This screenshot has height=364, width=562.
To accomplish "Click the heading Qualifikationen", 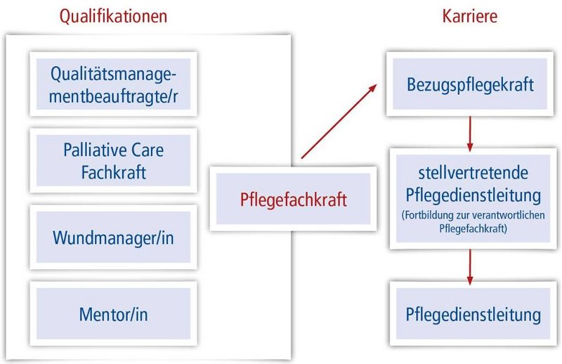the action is (x=113, y=16).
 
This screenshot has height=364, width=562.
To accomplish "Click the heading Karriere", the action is (x=469, y=16).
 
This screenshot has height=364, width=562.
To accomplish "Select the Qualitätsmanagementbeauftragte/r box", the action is (x=113, y=84).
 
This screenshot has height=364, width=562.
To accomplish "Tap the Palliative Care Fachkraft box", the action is (x=113, y=161).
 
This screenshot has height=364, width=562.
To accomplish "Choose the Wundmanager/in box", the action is (x=113, y=237).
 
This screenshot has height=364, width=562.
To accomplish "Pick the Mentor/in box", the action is (x=113, y=314).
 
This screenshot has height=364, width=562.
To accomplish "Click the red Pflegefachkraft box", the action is (x=293, y=199).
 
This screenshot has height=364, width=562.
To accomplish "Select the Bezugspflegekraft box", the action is (x=470, y=84).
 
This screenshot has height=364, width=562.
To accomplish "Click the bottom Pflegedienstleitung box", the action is (x=473, y=314).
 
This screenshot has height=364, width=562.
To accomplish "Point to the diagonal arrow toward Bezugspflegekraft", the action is (x=339, y=121).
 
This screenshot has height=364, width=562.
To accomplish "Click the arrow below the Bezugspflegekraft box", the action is (x=470, y=134).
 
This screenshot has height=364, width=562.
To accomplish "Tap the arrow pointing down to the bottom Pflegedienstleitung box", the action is (x=470, y=267).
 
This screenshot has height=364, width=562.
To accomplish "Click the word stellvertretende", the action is (x=473, y=173).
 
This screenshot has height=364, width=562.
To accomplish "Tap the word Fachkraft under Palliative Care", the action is (x=113, y=172).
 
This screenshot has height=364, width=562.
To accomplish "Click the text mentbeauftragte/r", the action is (x=113, y=96).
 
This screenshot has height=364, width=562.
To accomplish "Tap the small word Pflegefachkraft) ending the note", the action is (x=473, y=228).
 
